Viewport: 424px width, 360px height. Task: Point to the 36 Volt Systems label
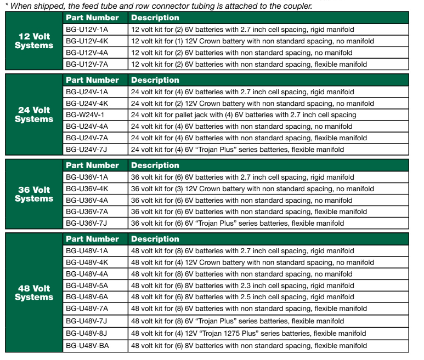[32, 194]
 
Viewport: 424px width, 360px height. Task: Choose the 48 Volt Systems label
[32, 292]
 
